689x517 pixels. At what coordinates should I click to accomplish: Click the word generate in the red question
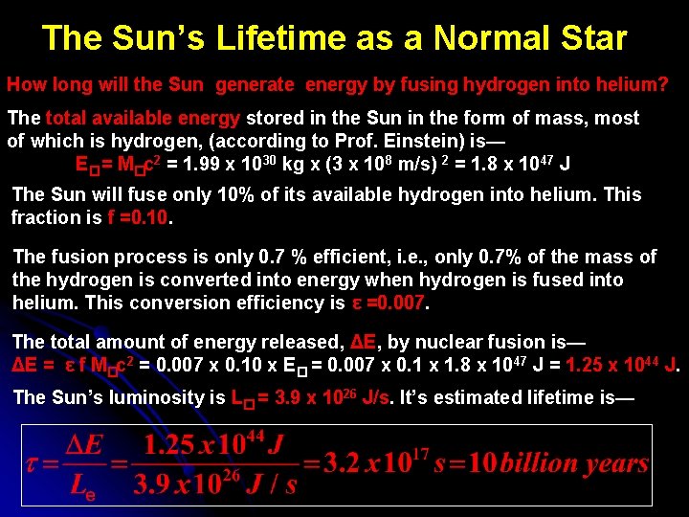click(255, 84)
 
